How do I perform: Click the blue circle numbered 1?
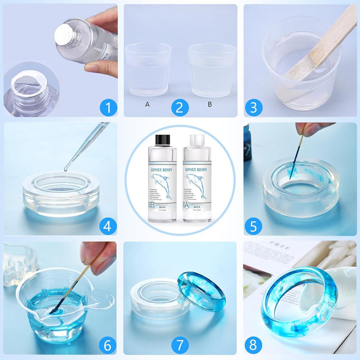108,108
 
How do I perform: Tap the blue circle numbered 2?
179,108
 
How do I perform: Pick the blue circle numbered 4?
108,226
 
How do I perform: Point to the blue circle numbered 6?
108,343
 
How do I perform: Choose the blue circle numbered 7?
179,343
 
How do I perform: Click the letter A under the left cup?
148,104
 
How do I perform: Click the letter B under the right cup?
209,104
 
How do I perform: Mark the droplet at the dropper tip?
65,170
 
